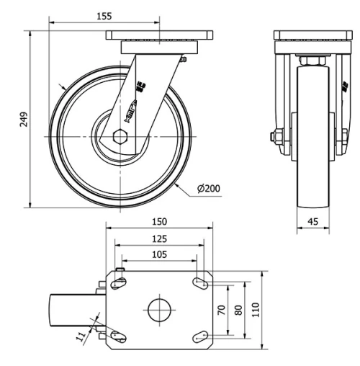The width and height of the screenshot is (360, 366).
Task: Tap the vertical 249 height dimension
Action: coord(24,118)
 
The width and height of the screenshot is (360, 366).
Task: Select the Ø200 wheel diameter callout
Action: coord(208,189)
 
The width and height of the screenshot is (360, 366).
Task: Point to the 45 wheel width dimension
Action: coord(313,223)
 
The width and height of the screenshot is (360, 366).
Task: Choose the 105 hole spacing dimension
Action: coord(160,254)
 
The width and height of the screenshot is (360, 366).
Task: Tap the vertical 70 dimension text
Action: coord(221,310)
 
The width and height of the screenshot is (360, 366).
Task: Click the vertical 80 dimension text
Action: coord(238,310)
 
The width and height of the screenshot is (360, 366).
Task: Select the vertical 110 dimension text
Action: coord(256,310)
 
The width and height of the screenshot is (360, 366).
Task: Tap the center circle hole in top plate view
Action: coord(158,310)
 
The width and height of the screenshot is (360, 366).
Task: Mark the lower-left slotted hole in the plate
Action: coord(117,335)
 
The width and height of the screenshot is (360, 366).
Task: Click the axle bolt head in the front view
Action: coord(276,136)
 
